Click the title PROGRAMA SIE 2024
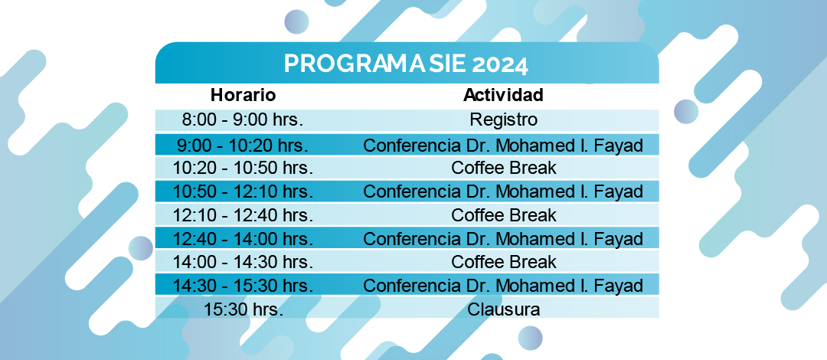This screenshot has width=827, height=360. point(406,64)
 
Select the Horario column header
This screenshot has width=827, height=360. point(244,95)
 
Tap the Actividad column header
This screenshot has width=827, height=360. point(504,95)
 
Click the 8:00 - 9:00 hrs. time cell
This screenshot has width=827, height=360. point(243,119)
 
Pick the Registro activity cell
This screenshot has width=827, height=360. point(504,119)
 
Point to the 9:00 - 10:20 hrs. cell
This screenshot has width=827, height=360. point(243,145)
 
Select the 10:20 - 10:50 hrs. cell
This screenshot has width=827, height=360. point(243,168)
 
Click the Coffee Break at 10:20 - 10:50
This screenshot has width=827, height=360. point(504,168)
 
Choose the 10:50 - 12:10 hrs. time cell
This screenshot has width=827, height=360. point(243,191)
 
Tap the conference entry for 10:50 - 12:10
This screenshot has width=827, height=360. point(503,191)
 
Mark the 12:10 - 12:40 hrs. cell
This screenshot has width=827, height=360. point(243,214)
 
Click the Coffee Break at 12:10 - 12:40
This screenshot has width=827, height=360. point(504,214)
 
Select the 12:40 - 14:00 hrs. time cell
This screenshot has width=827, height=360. point(243,238)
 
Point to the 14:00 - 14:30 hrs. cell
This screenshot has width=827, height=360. point(243,262)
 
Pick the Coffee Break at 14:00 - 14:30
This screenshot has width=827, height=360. point(504,262)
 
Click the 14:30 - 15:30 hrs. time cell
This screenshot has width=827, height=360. point(243,286)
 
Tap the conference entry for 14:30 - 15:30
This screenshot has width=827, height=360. point(503,286)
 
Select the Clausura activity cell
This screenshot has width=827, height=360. point(504,309)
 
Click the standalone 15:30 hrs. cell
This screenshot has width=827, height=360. point(244,309)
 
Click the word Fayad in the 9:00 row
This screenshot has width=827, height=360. point(619,146)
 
